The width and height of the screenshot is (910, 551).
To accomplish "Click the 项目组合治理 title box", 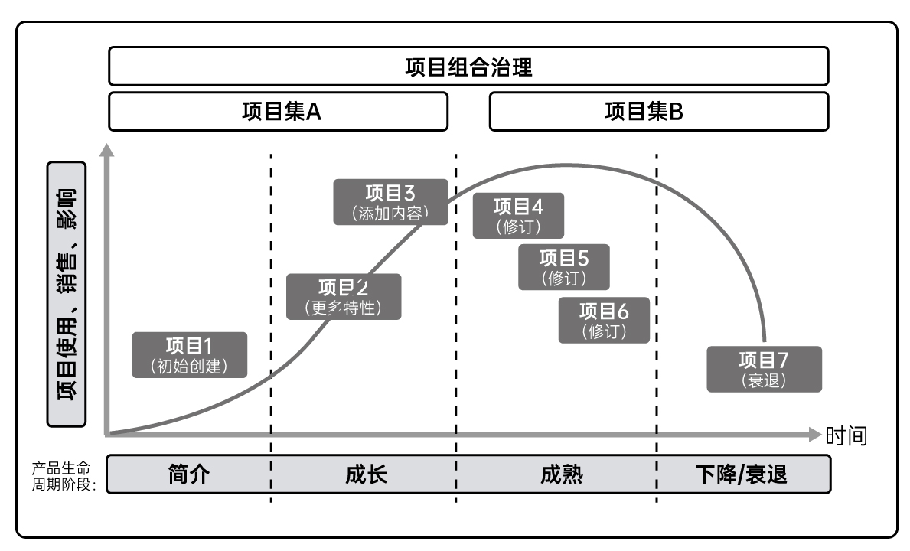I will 468,66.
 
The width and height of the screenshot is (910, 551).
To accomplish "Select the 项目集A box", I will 278,112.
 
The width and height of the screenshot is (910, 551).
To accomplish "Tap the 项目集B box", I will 658,112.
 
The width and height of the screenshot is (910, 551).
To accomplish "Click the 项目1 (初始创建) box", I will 190,354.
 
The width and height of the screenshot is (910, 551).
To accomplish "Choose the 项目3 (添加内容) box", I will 390,202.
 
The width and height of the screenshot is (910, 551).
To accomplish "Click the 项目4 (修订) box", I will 518,216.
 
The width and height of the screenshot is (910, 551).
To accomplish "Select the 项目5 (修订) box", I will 564,267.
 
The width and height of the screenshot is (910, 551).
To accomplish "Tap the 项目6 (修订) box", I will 604,320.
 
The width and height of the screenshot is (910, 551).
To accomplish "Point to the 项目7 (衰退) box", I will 764,369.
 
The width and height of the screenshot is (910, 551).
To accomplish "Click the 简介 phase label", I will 189,474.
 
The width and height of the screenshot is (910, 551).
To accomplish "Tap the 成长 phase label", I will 366,474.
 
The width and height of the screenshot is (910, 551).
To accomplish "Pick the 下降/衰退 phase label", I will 741,474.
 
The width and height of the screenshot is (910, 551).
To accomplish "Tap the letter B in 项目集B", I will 676,112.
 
